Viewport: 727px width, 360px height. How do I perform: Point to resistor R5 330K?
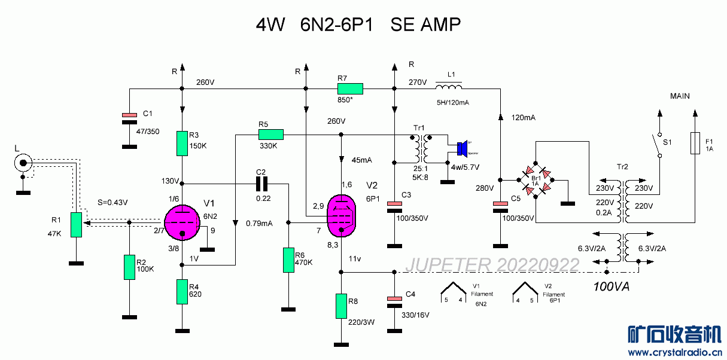point(270,135)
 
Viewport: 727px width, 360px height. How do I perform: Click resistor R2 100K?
point(129,267)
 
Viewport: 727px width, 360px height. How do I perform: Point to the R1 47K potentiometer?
point(75,224)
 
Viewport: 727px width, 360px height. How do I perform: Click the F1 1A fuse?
point(695,143)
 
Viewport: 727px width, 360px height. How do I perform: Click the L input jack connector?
point(23,162)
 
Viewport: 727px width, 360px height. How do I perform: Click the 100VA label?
point(612,286)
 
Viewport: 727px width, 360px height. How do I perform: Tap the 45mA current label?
point(363,160)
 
